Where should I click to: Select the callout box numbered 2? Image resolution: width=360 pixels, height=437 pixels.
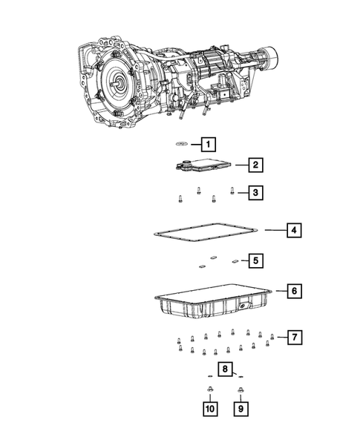pyautogui.click(x=254, y=165)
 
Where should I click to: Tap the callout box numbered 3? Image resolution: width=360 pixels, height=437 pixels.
pyautogui.click(x=254, y=193)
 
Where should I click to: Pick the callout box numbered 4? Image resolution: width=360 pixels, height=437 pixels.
pyautogui.click(x=294, y=231)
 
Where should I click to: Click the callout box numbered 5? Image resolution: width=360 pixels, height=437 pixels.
pyautogui.click(x=254, y=260)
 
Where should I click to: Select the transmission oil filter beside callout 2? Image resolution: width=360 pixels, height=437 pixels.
pyautogui.click(x=200, y=166)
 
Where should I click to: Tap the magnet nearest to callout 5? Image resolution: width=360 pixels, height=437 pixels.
pyautogui.click(x=235, y=260)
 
